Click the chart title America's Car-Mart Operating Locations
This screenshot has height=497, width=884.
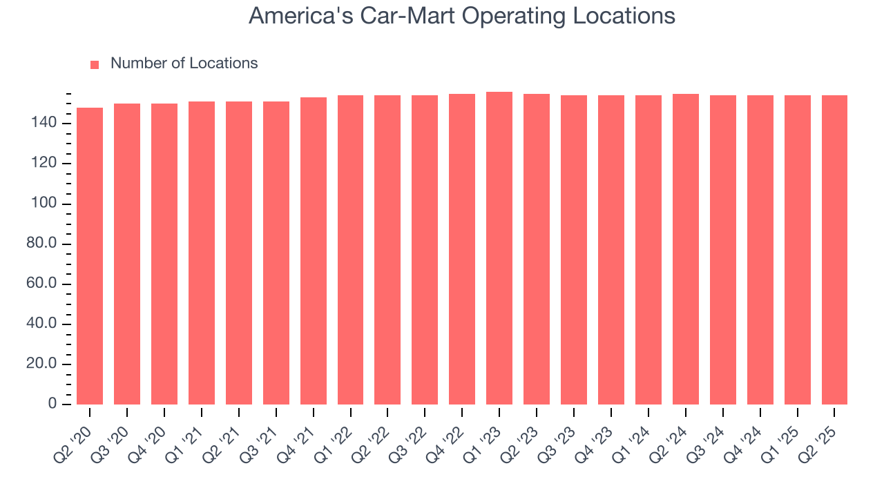coord(461,15)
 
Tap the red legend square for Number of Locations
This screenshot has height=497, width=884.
coord(95,64)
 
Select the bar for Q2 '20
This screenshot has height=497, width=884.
coord(90,255)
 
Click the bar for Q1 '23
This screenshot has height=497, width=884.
coord(499,248)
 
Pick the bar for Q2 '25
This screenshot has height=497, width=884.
coord(834,249)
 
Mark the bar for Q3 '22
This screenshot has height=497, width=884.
coord(425,249)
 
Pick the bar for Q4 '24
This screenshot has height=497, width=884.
coord(760,249)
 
